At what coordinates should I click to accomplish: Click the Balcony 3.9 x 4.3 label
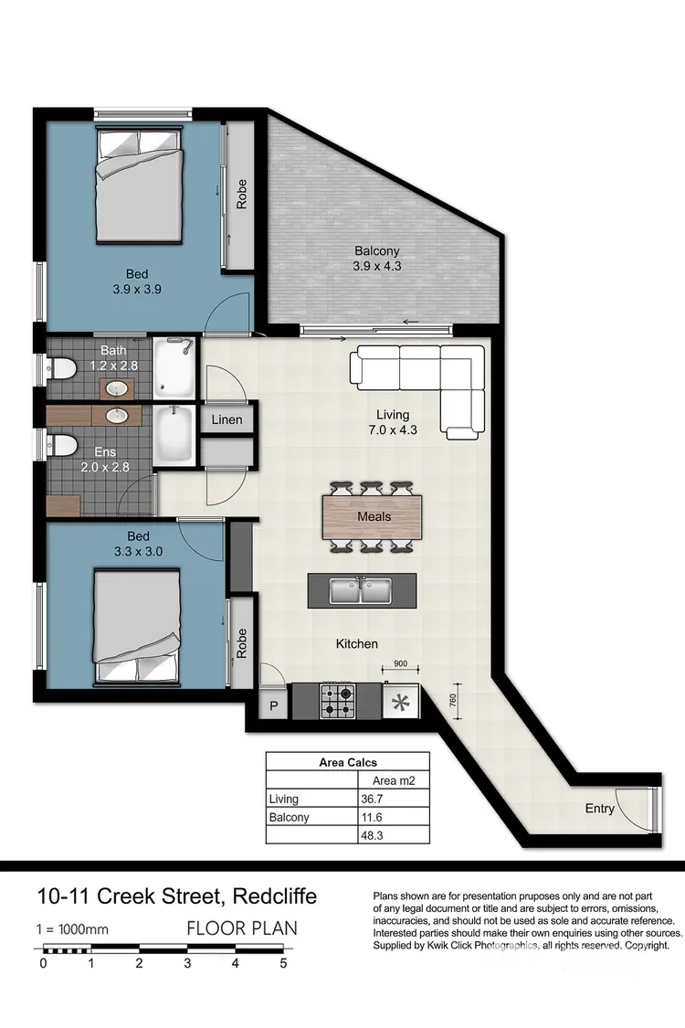377,259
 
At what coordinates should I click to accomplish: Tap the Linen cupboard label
227,420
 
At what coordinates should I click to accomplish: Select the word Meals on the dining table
374,516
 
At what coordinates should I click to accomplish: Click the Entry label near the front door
600,808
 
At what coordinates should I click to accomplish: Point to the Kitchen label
356,643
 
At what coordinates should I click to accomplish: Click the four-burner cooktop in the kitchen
336,702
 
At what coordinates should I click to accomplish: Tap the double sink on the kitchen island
361,591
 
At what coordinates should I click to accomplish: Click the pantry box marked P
272,705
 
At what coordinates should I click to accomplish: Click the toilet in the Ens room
62,445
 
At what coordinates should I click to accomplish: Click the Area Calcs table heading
347,762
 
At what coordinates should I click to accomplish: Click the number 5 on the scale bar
283,962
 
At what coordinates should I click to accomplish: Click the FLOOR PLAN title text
241,928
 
